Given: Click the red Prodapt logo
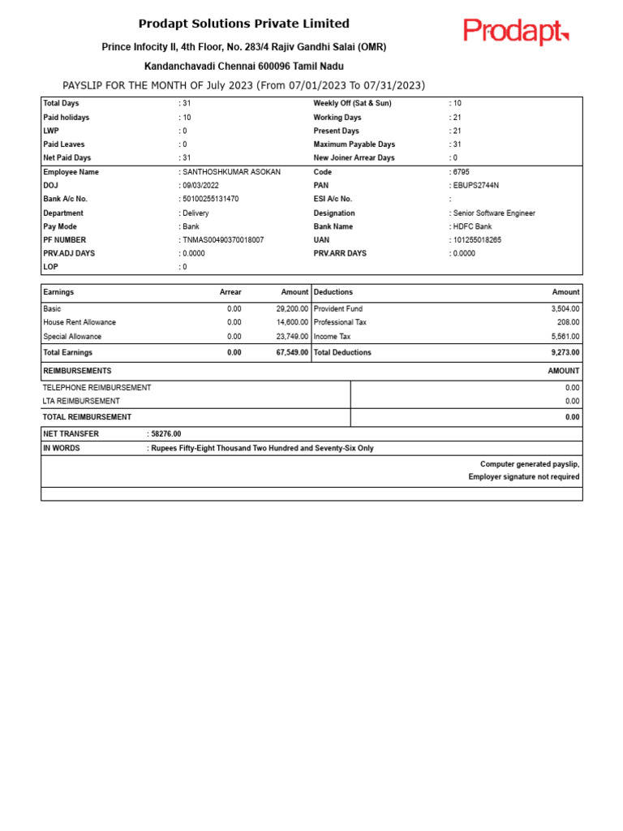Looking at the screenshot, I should click(x=516, y=32).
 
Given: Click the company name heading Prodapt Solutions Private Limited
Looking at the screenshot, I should click(x=243, y=24).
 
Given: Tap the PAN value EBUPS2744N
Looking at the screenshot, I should click(x=476, y=186).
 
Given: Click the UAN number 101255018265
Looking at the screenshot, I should click(x=477, y=240).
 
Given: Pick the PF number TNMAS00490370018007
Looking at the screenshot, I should click(x=223, y=240).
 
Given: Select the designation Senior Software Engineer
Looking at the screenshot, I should click(x=494, y=213).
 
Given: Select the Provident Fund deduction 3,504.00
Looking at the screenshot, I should click(x=565, y=309).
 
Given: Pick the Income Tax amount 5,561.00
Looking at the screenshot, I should click(x=565, y=336).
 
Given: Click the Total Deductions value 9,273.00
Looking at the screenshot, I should click(x=565, y=352).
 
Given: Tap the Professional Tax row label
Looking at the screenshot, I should click(x=340, y=322).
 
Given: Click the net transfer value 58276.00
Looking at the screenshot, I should click(x=166, y=434).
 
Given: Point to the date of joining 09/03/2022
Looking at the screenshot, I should click(x=202, y=186).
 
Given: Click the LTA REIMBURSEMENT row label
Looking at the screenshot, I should click(x=81, y=401).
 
